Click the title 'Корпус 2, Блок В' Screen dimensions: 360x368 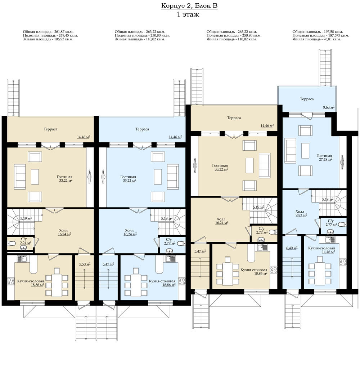pyautogui.click(x=189, y=6)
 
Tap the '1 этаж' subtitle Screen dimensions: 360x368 pyautogui.click(x=188, y=14)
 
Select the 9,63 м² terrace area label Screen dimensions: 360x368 pyautogui.click(x=329, y=107)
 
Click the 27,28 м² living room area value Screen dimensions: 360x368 pyautogui.click(x=325, y=159)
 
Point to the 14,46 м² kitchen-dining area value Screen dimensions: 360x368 pyautogui.click(x=328, y=252)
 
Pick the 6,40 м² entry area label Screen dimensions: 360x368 pyautogui.click(x=292, y=248)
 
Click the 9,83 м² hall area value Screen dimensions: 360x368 pyautogui.click(x=301, y=215)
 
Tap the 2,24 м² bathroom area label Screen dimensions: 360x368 pyautogui.click(x=26, y=243)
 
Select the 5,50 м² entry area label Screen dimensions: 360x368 pyautogui.click(x=85, y=264)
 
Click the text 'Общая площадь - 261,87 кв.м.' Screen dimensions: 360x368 pyautogui.click(x=48, y=32)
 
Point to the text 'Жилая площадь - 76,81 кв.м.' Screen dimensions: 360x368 pyautogui.click(x=316, y=39)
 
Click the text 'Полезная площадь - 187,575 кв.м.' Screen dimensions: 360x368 pyautogui.click(x=321, y=35)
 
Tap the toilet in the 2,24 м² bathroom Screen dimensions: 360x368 pyautogui.click(x=12, y=243)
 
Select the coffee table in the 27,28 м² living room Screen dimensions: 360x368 pyautogui.click(x=305, y=150)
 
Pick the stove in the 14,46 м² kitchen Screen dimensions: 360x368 pyautogui.click(x=343, y=262)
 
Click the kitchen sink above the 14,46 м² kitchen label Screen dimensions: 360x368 pyautogui.click(x=330, y=240)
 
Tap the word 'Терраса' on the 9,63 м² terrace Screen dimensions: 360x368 pyautogui.click(x=307, y=99)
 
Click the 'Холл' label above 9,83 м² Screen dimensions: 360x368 pyautogui.click(x=300, y=211)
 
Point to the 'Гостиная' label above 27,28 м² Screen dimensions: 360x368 pyautogui.click(x=324, y=156)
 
